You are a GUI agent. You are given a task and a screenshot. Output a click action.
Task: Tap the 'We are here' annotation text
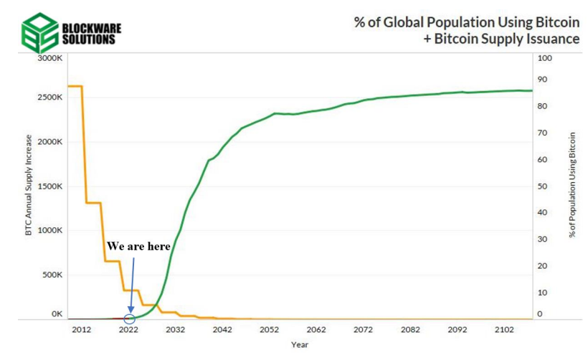pyautogui.click(x=138, y=246)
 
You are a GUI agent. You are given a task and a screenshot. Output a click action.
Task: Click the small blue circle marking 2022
pyautogui.click(x=130, y=319)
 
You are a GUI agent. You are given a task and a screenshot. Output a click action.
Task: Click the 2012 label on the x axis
pyautogui.click(x=82, y=331)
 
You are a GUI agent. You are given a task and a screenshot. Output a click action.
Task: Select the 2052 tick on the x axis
pyautogui.click(x=270, y=331)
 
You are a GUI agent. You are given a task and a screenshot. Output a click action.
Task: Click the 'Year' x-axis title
pyautogui.click(x=300, y=344)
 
